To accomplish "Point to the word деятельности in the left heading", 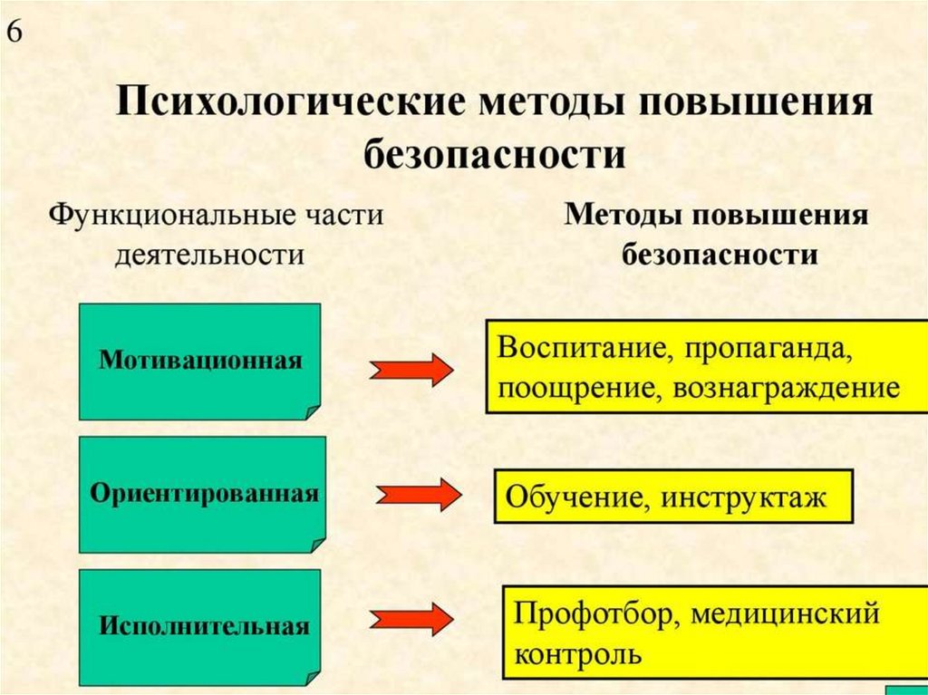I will (208, 255).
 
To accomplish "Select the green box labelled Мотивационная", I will (199, 362).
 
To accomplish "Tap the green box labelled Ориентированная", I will (202, 494).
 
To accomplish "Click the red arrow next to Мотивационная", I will (411, 370).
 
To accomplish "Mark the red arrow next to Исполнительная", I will (411, 619).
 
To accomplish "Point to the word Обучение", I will (575, 497).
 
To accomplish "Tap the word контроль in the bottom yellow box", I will (578, 654).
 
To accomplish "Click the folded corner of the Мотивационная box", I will (311, 410).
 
